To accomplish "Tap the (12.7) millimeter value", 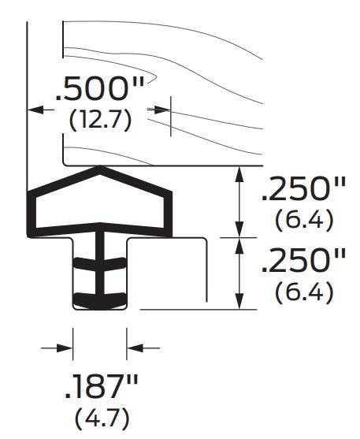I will tap(99, 121).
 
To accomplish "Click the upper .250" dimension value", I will tap(302, 189).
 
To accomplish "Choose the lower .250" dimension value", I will tap(302, 261).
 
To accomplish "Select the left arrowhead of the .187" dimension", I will tap(67, 347).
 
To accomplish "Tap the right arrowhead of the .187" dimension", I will tap(133, 347).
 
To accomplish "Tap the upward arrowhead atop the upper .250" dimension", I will tap(238, 172).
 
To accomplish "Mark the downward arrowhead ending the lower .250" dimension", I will tap(238, 304).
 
